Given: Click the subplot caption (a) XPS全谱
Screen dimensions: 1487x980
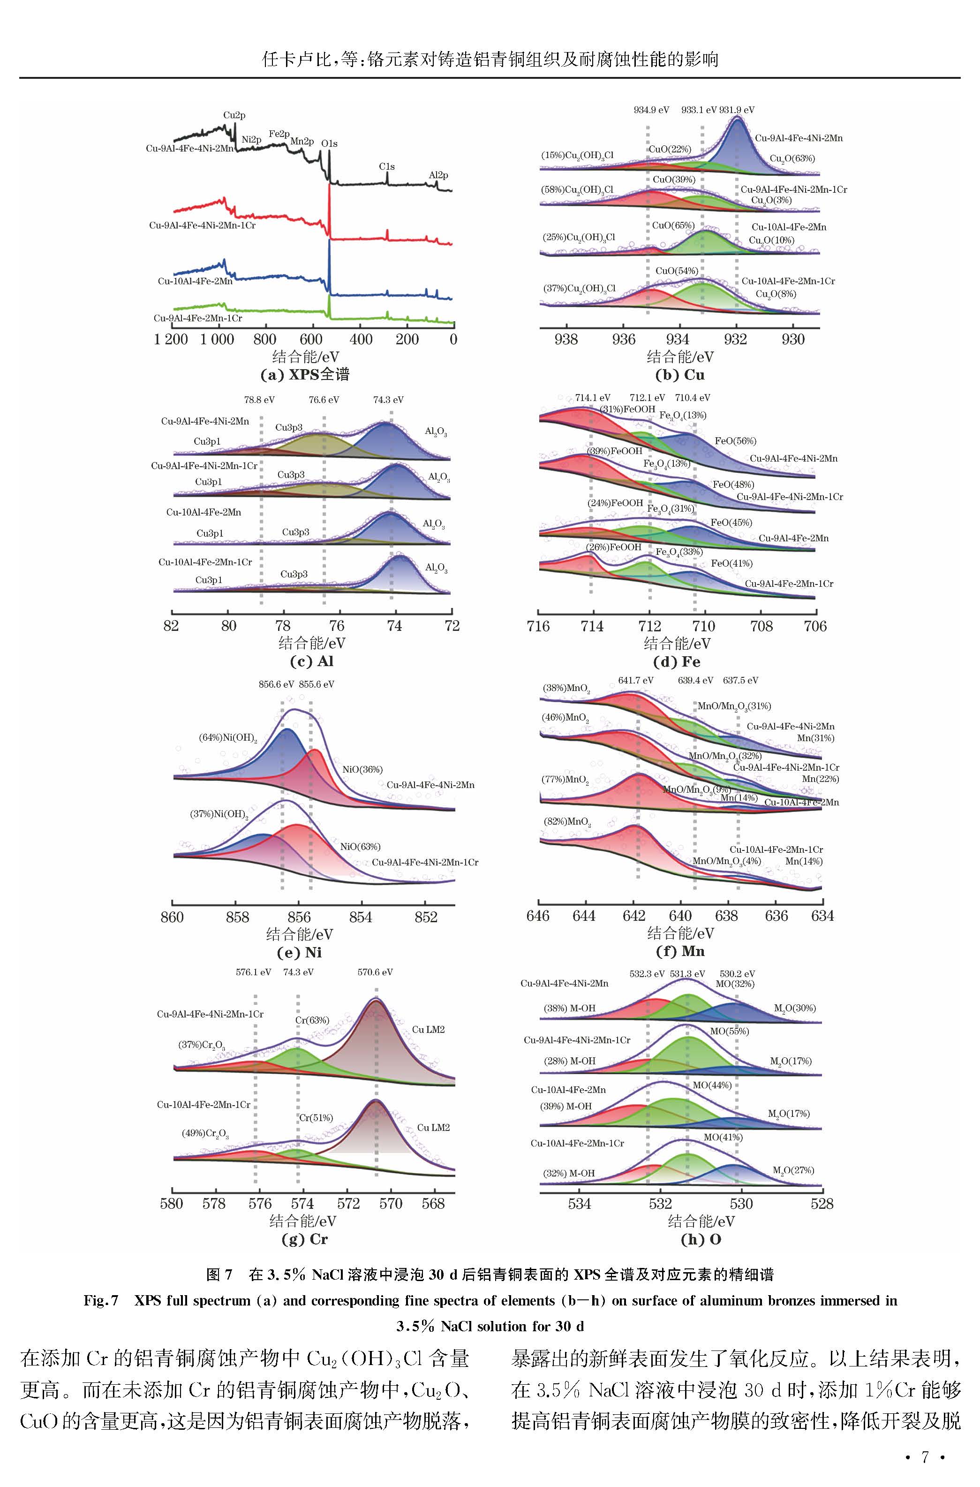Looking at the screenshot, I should click(304, 375).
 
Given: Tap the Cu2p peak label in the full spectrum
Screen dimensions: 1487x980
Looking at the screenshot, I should click(234, 116).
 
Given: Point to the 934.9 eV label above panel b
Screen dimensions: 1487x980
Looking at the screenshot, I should click(651, 110).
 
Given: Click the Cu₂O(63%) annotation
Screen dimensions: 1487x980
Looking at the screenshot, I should click(792, 159).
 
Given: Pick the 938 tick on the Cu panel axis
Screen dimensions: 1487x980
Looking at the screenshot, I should click(566, 340).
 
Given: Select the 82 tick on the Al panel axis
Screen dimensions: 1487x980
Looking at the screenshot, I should click(171, 626).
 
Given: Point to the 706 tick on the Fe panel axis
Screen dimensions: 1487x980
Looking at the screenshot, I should click(815, 626).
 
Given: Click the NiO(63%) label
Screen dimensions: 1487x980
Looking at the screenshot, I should click(360, 847).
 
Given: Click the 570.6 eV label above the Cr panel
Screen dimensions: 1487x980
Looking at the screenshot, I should click(375, 972).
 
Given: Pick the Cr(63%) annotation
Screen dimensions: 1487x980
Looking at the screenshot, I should click(312, 1021).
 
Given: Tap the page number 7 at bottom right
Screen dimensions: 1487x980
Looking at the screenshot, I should click(925, 1457).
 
